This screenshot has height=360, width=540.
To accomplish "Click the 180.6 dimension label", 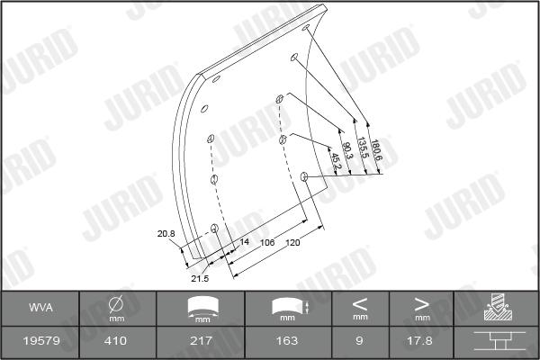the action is [376, 150].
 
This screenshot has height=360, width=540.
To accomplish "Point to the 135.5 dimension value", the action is [363, 148].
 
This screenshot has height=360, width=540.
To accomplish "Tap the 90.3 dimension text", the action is [347, 151].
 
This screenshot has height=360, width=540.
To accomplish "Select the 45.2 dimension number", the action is [336, 161].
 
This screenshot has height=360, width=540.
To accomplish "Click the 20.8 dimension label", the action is [166, 234].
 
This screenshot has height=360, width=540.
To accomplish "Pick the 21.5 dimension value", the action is [200, 278].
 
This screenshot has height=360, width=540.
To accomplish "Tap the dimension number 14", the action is [244, 241].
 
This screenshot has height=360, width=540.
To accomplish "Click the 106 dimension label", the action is [267, 242].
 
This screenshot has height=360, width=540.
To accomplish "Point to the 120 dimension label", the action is [292, 242].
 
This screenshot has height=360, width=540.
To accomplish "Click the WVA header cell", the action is [41, 307].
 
